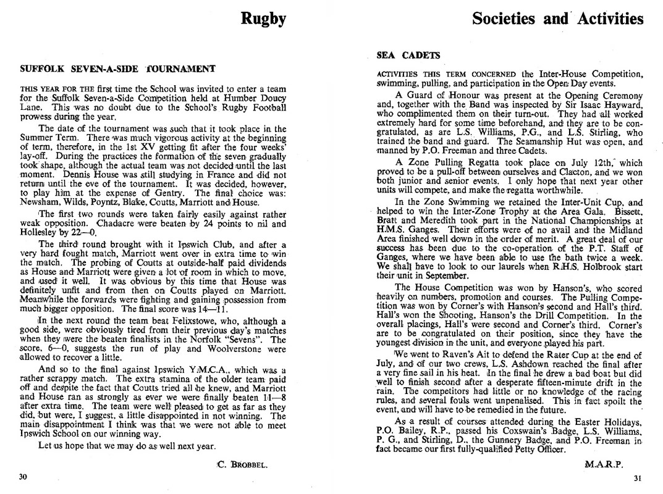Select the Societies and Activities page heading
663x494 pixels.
pyautogui.click(x=557, y=19)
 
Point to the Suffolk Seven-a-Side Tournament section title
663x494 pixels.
pyautogui.click(x=117, y=69)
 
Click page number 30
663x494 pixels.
pyautogui.click(x=23, y=477)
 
